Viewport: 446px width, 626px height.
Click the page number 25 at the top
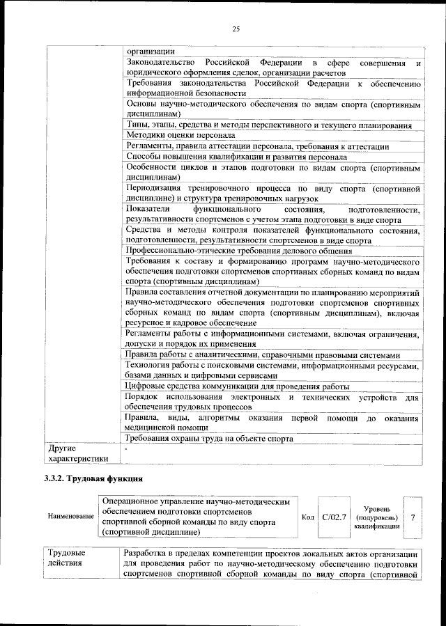[236, 29]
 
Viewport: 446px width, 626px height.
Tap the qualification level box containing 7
[413, 517]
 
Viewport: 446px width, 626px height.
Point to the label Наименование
[71, 517]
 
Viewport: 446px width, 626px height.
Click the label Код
[307, 517]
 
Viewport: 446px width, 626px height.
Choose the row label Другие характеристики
[77, 453]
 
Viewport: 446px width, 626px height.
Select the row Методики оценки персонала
[180, 135]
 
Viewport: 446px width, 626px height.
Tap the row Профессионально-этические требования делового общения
[239, 251]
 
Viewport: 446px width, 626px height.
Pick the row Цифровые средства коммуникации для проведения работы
[237, 386]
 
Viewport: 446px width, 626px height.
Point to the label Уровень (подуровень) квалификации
[376, 517]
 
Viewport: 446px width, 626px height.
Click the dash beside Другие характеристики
[126, 449]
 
